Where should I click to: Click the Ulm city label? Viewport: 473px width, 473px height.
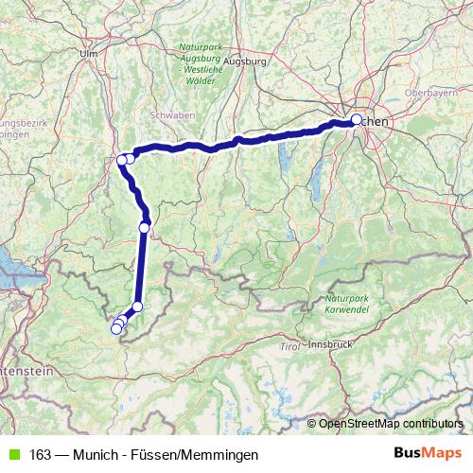(x=90, y=54)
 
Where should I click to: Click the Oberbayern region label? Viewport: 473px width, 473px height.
(x=429, y=94)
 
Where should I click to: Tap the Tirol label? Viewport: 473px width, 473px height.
(x=289, y=348)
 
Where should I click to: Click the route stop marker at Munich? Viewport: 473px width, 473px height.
(x=357, y=120)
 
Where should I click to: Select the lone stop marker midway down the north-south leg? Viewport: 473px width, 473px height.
(x=145, y=227)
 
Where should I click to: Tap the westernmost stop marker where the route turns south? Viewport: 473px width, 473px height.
(x=122, y=160)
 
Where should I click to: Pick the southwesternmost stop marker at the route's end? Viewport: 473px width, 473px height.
(x=115, y=329)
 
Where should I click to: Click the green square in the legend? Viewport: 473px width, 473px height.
(x=11, y=455)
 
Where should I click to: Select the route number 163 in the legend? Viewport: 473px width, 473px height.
(x=41, y=455)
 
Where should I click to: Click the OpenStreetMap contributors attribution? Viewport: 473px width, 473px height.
(x=392, y=423)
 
